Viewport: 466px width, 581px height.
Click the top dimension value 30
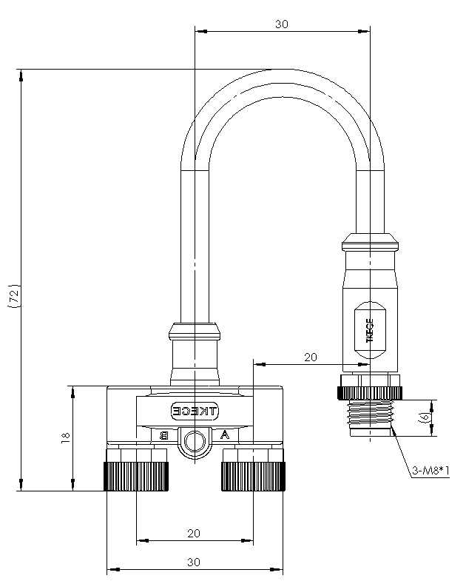click(x=282, y=24)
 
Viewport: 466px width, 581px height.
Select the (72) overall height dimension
click(x=14, y=296)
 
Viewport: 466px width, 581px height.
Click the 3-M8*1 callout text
click(x=430, y=471)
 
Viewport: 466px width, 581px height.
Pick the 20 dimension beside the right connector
click(x=311, y=357)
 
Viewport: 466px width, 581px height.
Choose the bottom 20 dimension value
click(x=193, y=533)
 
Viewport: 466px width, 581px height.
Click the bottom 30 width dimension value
click(x=193, y=562)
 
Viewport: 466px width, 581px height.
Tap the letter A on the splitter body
click(x=224, y=434)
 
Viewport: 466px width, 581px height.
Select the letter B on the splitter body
click(x=163, y=435)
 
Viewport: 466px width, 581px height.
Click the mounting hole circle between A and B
click(x=195, y=442)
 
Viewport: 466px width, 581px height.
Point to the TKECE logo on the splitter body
click(x=195, y=411)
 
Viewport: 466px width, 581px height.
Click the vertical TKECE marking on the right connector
click(x=370, y=330)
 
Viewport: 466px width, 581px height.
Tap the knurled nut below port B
click(x=136, y=476)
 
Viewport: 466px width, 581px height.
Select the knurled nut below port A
click(x=254, y=476)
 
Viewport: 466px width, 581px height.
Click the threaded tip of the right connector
click(x=371, y=418)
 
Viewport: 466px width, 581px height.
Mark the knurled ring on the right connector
click(x=370, y=393)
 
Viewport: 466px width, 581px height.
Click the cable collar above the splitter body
click(x=195, y=332)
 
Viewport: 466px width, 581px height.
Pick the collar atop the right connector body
click(x=370, y=242)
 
